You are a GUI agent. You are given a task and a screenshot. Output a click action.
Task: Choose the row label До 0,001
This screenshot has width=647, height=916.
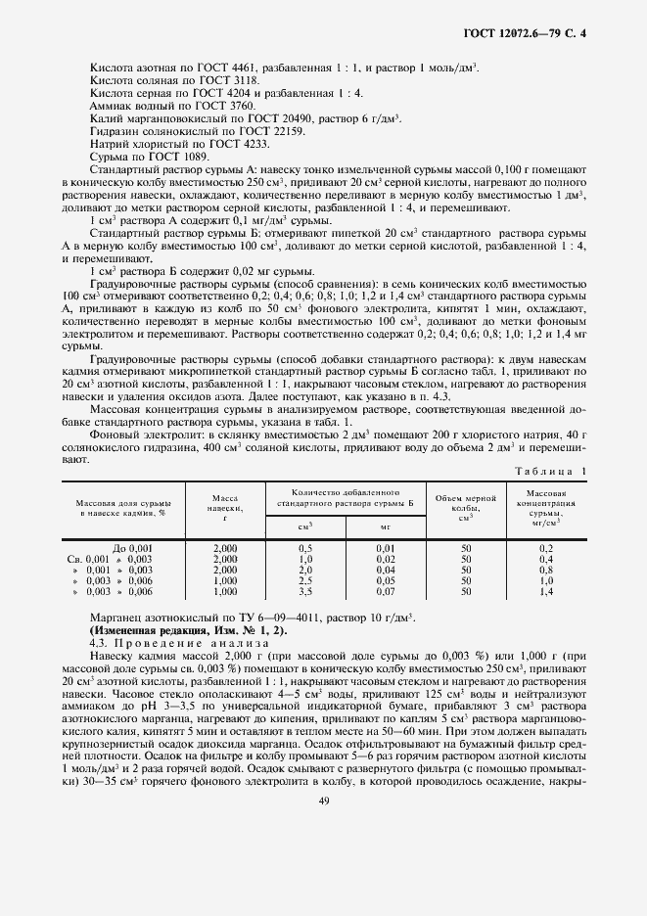pos(133,548)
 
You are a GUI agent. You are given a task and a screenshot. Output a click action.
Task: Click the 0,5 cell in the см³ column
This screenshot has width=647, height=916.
pos(304,548)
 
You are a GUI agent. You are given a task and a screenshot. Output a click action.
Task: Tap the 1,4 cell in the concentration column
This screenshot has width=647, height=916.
pos(546,592)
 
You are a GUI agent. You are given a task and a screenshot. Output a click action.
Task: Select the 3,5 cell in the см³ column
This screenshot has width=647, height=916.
pos(304,592)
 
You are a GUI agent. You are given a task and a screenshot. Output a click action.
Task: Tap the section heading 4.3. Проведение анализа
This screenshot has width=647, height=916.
pos(170,643)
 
